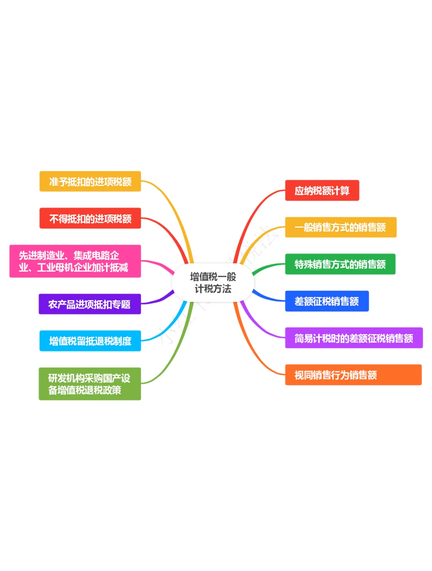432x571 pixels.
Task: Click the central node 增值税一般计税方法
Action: pos(213,282)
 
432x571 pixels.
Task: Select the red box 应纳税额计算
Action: pos(322,190)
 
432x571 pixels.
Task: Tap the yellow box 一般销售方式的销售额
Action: pos(340,227)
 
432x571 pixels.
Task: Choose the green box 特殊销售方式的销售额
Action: pos(340,264)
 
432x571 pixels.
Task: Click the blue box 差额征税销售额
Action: pos(326,301)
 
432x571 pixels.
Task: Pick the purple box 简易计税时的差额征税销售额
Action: pos(354,338)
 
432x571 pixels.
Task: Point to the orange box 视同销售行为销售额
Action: pos(353,375)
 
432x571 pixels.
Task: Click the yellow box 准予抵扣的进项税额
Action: pos(90,182)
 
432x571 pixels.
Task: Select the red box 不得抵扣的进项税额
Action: pos(90,218)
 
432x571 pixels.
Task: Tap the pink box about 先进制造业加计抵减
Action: pos(75,261)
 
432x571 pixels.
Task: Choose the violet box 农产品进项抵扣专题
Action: pos(90,304)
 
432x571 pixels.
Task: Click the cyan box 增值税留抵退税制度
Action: pos(90,341)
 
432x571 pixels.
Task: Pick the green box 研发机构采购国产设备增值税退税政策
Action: pos(90,384)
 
